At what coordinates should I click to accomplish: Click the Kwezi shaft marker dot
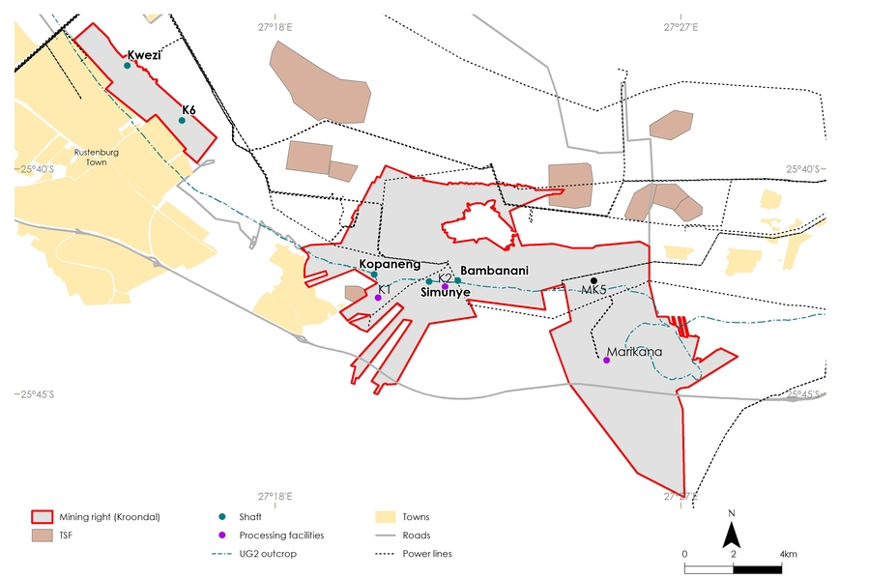tap(128, 66)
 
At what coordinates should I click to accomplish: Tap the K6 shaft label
tap(188, 111)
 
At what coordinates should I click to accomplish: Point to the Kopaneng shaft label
tap(390, 264)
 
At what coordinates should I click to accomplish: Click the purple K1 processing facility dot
tap(378, 298)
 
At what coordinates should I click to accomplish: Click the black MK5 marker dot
tap(594, 280)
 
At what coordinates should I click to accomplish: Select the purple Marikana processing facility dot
tap(606, 360)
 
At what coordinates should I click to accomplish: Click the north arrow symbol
tap(732, 531)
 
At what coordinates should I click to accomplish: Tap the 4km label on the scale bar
tap(788, 554)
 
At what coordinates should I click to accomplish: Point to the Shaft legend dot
tap(221, 517)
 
